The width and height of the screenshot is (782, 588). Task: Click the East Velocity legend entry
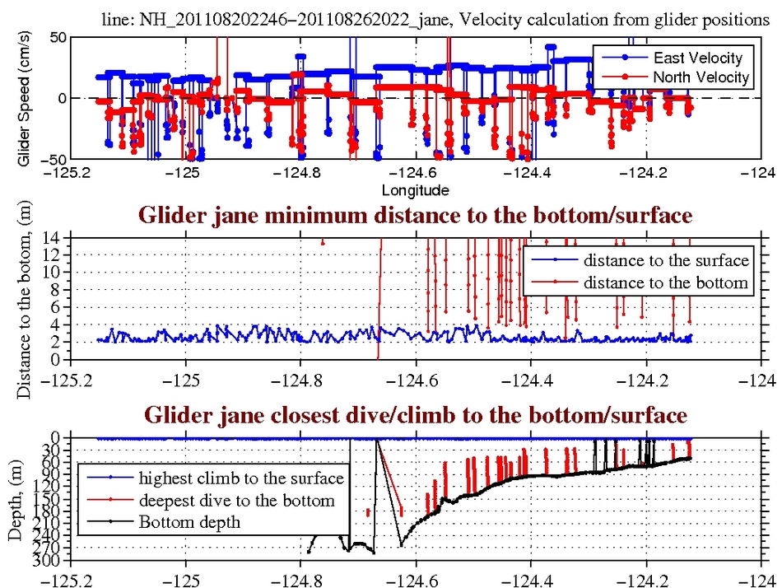pos(697,58)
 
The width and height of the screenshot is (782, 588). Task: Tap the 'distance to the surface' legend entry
pos(666,261)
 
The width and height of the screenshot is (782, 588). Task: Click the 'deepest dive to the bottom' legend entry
pos(236,500)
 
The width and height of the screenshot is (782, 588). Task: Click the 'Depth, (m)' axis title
pos(15,500)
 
